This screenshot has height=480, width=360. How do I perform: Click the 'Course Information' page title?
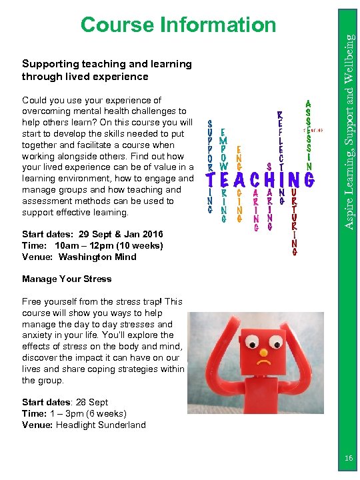point(178,25)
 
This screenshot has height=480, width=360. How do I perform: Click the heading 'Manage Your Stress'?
point(67,279)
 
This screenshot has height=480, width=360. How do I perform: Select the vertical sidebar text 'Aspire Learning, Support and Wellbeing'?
point(349,120)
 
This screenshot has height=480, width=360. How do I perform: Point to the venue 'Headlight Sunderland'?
point(101,425)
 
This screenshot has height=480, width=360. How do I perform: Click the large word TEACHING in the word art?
point(260,180)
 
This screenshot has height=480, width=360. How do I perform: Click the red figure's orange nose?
point(263,351)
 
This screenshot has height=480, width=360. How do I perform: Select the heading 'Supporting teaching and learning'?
point(107,64)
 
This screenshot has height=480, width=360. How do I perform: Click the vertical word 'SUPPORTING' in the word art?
point(211,167)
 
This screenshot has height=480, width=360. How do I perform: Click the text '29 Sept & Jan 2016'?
point(116,234)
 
